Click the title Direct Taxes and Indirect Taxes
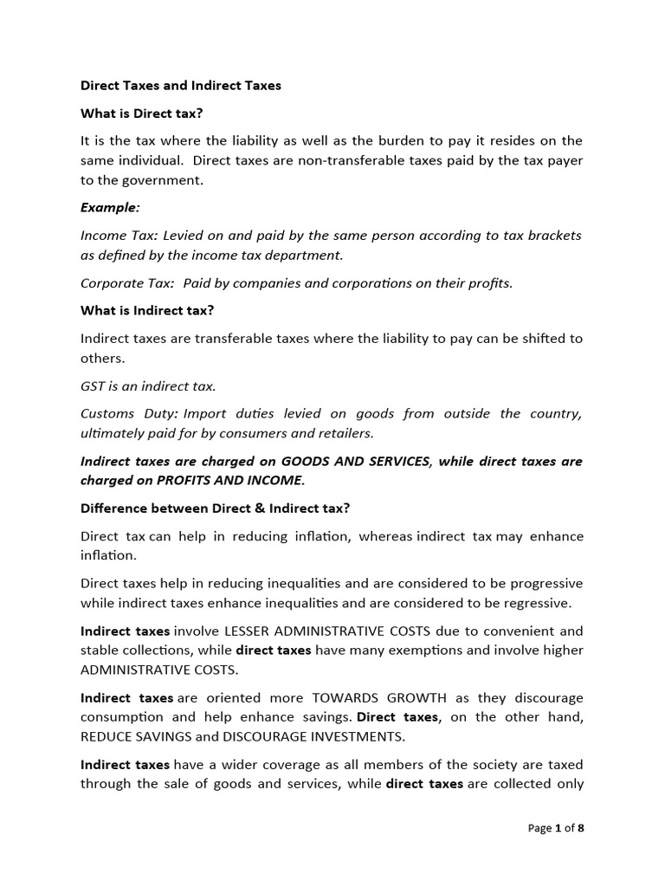180,86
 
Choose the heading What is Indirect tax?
147,310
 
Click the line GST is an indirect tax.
148,385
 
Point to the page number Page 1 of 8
556,828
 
